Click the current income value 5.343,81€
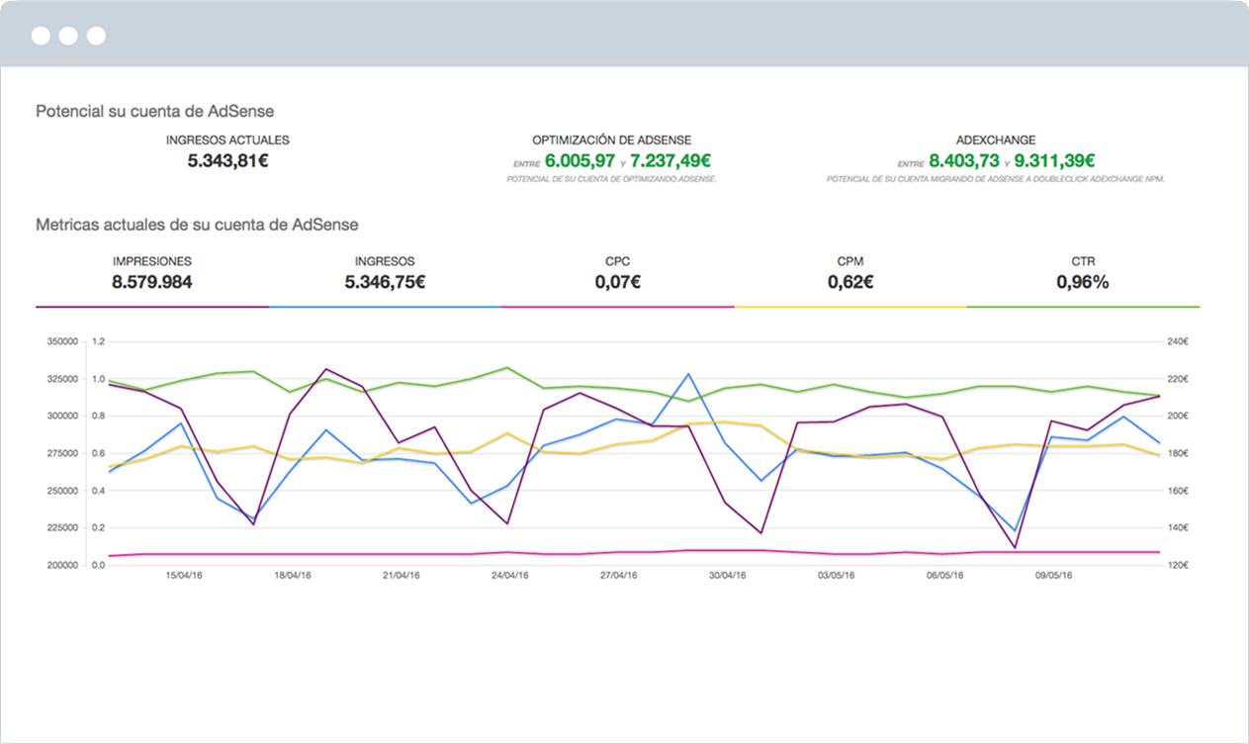pos(227,160)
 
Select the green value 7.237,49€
pos(670,160)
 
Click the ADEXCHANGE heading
pos(996,140)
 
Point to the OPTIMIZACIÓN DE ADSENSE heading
pos(611,140)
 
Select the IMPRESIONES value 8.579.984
pos(151,282)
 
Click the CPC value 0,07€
pos(617,282)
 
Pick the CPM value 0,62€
pos(849,282)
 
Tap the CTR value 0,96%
pos(1082,282)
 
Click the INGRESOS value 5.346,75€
pos(385,282)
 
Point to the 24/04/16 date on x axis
pos(508,575)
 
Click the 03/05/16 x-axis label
pos(836,575)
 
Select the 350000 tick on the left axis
pos(62,342)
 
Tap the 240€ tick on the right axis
pos(1177,342)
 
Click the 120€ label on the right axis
pos(1177,565)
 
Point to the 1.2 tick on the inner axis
pos(98,342)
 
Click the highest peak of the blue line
pos(688,374)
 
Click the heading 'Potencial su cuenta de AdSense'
pos(154,112)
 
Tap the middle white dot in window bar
pos(68,37)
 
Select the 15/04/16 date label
pos(183,575)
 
